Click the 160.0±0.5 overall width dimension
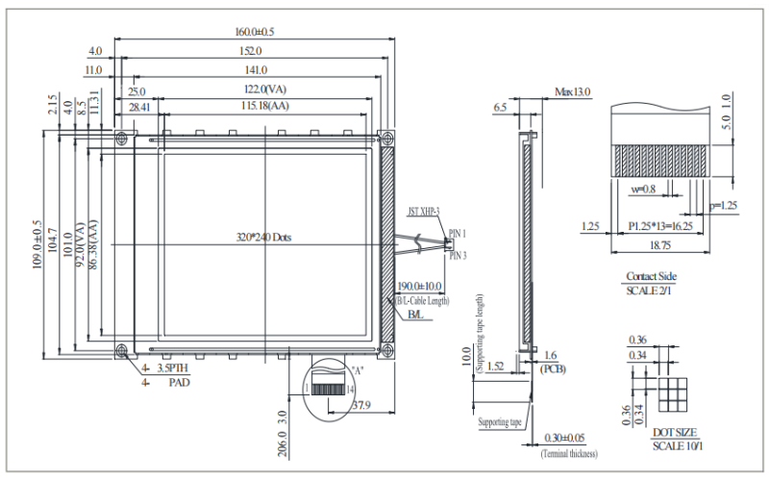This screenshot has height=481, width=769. (254, 32)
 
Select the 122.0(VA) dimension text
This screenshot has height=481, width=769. (254, 89)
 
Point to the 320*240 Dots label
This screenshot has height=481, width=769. (263, 237)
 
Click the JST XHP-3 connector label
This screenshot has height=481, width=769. (424, 211)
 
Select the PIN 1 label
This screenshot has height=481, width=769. (458, 234)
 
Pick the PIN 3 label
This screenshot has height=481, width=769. (458, 255)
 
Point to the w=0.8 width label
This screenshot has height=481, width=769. (643, 190)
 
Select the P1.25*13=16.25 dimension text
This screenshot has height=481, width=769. (660, 226)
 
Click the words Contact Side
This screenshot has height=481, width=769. (651, 277)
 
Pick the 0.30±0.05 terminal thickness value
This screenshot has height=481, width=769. (569, 439)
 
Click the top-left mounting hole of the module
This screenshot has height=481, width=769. (122, 139)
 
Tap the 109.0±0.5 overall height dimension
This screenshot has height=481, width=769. (37, 246)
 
